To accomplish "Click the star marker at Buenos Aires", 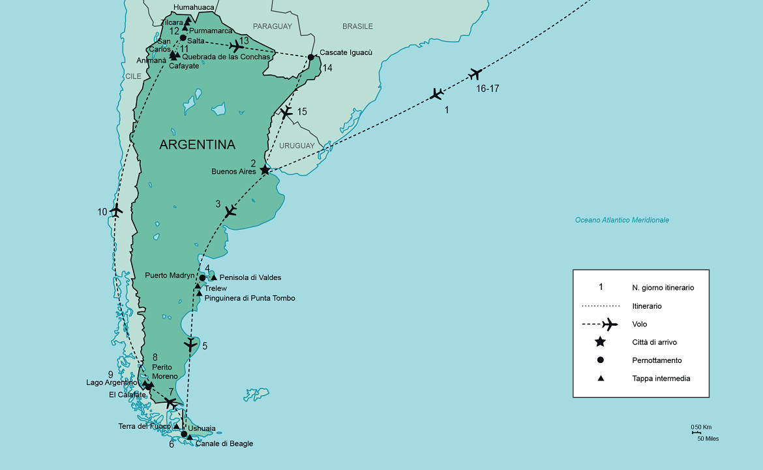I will pos(265,170).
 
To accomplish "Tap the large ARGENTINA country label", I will pos(198,144).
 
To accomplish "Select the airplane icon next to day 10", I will pos(117,210).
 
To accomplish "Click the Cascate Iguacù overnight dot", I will pos(310,57).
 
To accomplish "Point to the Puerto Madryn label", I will pos(170,275).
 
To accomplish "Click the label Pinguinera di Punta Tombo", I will pos(250,298).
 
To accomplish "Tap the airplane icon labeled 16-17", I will pos(475,74).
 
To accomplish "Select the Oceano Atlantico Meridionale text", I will pos(621,220).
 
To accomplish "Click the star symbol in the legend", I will pos(601,342).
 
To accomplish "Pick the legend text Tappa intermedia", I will pos(661,379).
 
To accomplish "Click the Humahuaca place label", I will pos(194,8).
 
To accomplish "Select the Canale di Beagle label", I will pos(224,444).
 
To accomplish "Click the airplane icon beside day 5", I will pos(190,344).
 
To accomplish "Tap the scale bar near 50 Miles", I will pos(696,433).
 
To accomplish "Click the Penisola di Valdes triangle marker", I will pos(214,277).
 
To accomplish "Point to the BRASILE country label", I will pos(357,27).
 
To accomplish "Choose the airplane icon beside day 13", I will pos(237,46).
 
